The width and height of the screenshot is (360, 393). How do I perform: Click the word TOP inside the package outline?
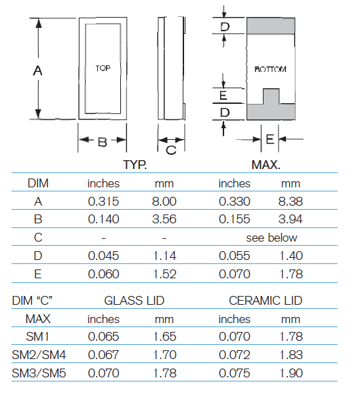tap(103, 68)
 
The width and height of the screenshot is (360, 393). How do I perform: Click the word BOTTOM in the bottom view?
tap(270, 69)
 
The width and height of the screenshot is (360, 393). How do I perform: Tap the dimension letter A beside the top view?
tap(37, 71)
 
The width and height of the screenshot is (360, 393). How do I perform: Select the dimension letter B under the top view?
tap(103, 143)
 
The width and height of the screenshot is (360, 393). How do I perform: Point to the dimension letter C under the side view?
tap(171, 150)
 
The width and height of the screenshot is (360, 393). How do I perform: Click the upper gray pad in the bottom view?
tap(271, 26)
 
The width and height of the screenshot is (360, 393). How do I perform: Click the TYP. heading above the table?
tap(134, 165)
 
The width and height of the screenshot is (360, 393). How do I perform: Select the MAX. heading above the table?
tap(266, 165)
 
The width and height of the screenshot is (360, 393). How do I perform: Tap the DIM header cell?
tap(38, 183)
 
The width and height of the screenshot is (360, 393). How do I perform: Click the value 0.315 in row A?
tap(103, 202)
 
